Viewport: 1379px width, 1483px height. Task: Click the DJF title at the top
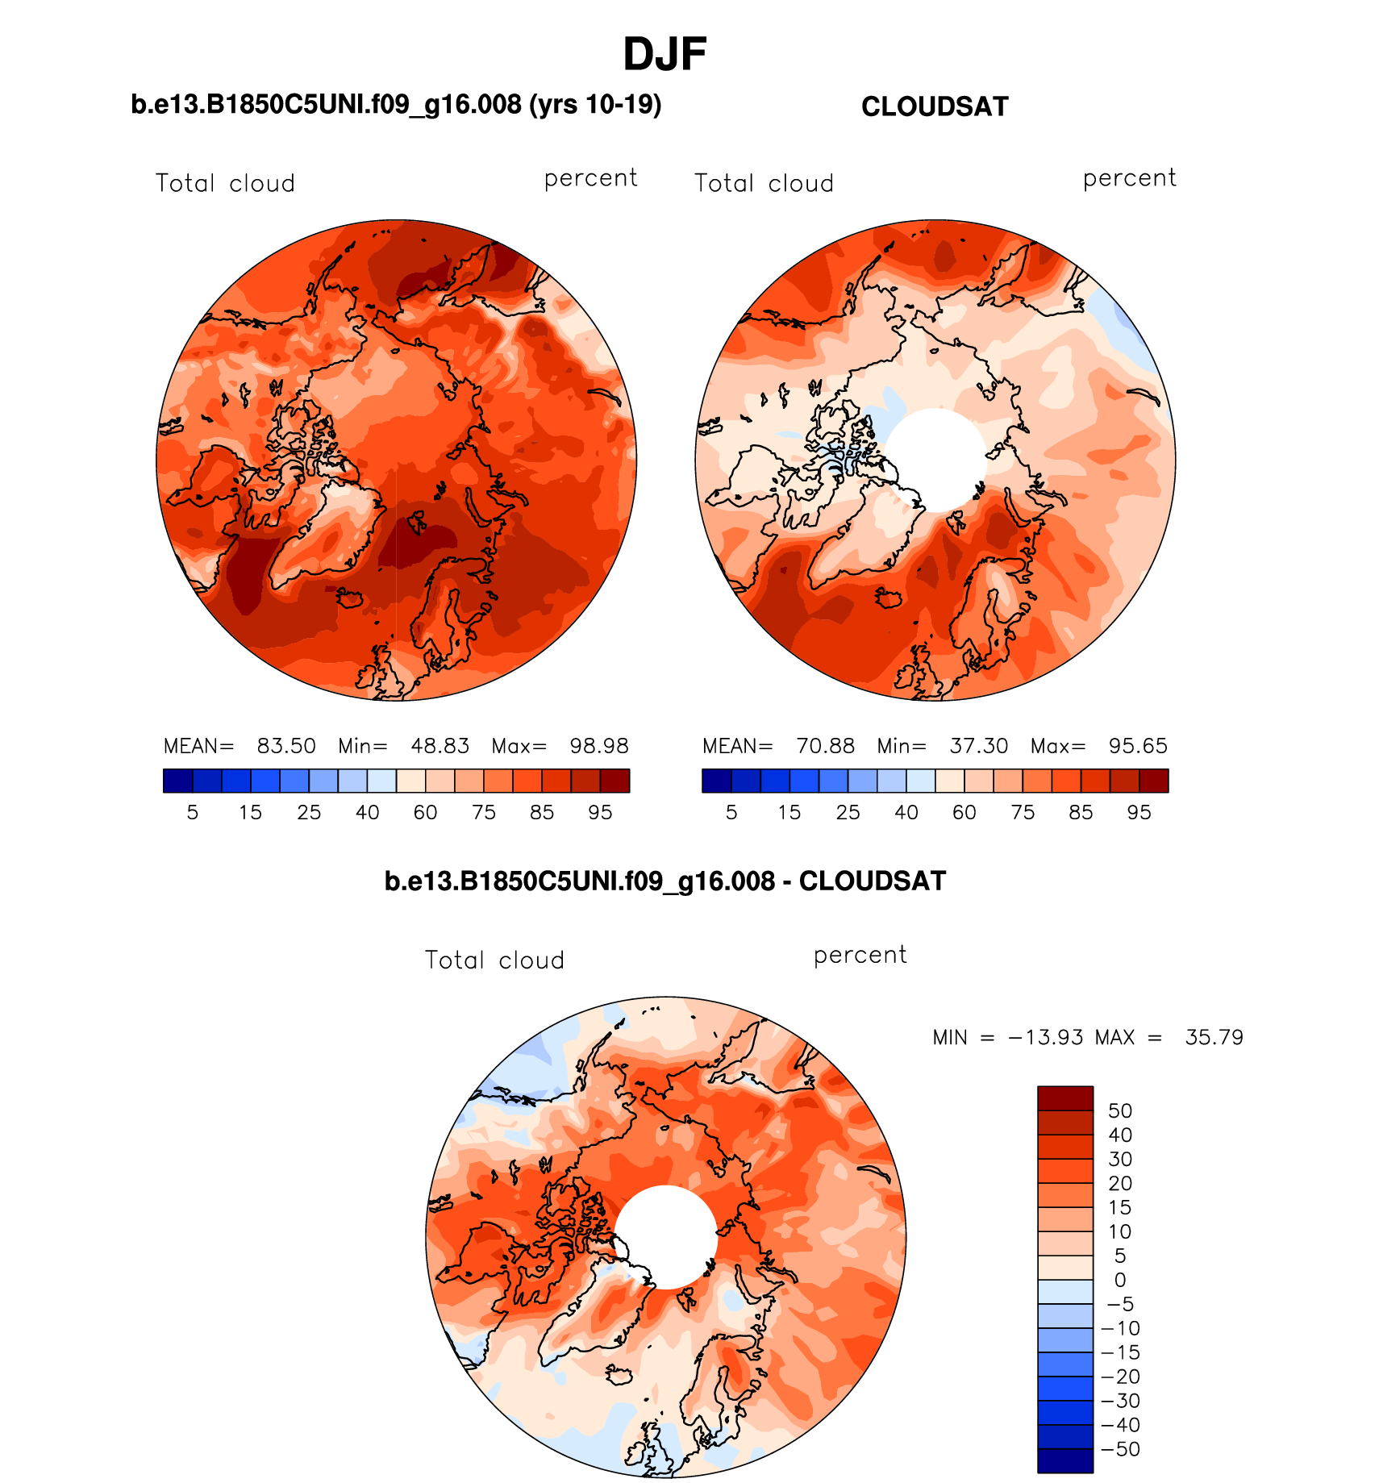(x=665, y=55)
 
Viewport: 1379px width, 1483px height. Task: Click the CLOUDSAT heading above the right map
(x=935, y=107)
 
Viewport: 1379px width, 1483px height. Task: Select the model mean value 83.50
(x=286, y=746)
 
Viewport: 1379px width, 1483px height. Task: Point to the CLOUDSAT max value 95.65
(x=1138, y=746)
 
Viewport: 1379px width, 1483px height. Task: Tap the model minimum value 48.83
(x=440, y=746)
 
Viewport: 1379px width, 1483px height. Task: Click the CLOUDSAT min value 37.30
(x=979, y=746)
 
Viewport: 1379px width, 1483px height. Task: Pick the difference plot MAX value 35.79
(x=1214, y=1038)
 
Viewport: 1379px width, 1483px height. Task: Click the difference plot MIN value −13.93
(x=1045, y=1038)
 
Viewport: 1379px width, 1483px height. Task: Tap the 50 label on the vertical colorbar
(x=1120, y=1111)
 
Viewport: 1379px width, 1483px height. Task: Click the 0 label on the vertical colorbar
(x=1120, y=1281)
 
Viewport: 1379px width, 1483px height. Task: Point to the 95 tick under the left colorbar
(x=600, y=813)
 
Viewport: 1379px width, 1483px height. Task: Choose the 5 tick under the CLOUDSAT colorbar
(x=731, y=813)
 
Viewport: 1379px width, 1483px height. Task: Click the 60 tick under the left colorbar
(x=425, y=813)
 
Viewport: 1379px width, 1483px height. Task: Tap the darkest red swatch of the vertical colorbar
(x=1065, y=1098)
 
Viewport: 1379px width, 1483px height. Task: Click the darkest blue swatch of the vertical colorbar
(x=1065, y=1461)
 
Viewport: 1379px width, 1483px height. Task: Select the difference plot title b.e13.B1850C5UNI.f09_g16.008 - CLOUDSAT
(x=665, y=881)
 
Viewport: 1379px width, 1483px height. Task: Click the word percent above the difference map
(x=860, y=956)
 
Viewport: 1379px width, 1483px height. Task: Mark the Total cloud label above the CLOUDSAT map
(x=764, y=184)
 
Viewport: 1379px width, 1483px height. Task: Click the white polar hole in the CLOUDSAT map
(x=936, y=460)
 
